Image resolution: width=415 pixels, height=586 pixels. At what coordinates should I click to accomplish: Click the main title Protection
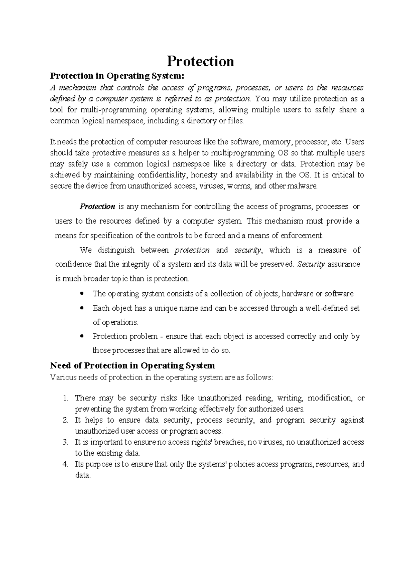point(200,62)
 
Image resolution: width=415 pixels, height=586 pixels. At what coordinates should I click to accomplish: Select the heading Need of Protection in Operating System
point(132,366)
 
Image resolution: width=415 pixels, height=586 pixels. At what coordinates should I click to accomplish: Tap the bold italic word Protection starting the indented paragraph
point(97,207)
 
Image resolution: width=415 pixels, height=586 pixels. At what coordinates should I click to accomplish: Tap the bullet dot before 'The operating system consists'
point(82,294)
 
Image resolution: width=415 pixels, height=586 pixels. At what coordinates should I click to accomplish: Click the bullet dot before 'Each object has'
point(82,308)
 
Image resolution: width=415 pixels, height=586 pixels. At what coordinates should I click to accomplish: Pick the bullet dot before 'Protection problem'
point(82,336)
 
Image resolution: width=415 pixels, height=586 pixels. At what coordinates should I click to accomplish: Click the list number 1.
point(66,398)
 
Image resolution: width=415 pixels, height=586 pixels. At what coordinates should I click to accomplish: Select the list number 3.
point(66,442)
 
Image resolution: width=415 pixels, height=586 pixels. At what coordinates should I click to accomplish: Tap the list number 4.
point(66,464)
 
